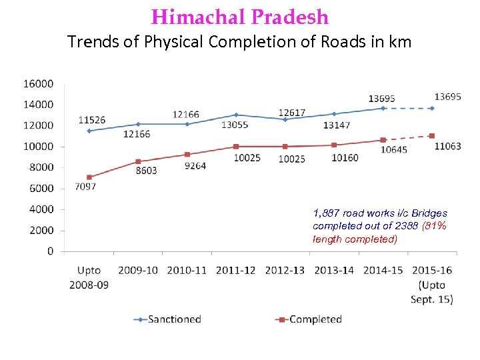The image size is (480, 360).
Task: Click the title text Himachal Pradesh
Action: (x=240, y=17)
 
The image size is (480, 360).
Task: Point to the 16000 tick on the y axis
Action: (x=39, y=84)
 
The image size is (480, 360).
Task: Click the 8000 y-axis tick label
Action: (x=41, y=167)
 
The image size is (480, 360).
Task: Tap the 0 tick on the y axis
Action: (x=51, y=251)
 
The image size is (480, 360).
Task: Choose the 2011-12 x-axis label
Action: (x=236, y=270)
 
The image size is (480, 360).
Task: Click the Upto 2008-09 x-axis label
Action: (x=89, y=277)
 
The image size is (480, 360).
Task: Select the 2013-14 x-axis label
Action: (x=334, y=270)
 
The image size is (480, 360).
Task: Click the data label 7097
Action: (x=85, y=187)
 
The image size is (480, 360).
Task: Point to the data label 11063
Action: (x=447, y=147)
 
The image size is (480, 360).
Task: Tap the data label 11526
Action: (x=91, y=120)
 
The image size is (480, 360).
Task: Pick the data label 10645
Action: (x=394, y=150)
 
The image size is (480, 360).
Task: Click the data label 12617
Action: (x=292, y=111)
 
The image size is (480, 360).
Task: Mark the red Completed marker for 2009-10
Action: (x=138, y=161)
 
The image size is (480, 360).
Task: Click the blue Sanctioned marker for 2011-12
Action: (x=236, y=115)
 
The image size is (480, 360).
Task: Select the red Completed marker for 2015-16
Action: (x=432, y=136)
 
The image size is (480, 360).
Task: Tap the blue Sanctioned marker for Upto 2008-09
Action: (x=89, y=131)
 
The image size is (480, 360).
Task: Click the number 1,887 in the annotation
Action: (x=326, y=213)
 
